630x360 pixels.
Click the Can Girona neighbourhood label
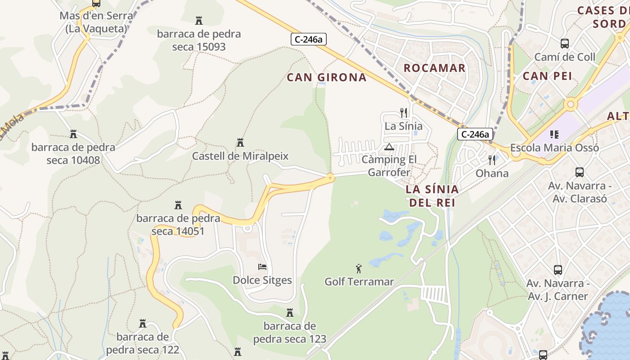pyautogui.click(x=327, y=77)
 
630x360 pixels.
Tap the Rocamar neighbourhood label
pyautogui.click(x=434, y=68)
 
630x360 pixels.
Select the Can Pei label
pyautogui.click(x=547, y=76)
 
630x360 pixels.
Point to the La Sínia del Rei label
pyautogui.click(x=432, y=196)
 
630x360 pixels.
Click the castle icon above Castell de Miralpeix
pyautogui.click(x=240, y=143)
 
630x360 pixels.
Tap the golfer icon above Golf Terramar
pyautogui.click(x=359, y=269)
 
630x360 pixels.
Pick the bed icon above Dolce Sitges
pyautogui.click(x=262, y=267)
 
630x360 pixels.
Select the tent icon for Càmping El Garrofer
pyautogui.click(x=389, y=147)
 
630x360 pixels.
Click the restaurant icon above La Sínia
pyautogui.click(x=404, y=113)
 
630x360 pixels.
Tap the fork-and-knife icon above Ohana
pyautogui.click(x=492, y=160)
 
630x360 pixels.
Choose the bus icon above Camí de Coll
pyautogui.click(x=564, y=44)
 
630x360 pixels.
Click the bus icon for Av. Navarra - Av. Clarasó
pyautogui.click(x=580, y=172)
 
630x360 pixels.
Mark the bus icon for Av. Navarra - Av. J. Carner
pyautogui.click(x=558, y=270)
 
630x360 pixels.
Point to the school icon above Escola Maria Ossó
pyautogui.click(x=554, y=134)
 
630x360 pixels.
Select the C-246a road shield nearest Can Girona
pyautogui.click(x=308, y=40)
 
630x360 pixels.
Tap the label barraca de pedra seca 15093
pyautogui.click(x=199, y=40)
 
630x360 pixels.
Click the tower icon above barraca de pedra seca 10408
pyautogui.click(x=73, y=134)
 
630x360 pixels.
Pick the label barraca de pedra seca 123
pyautogui.click(x=289, y=332)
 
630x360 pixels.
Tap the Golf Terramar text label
pyautogui.click(x=359, y=282)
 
